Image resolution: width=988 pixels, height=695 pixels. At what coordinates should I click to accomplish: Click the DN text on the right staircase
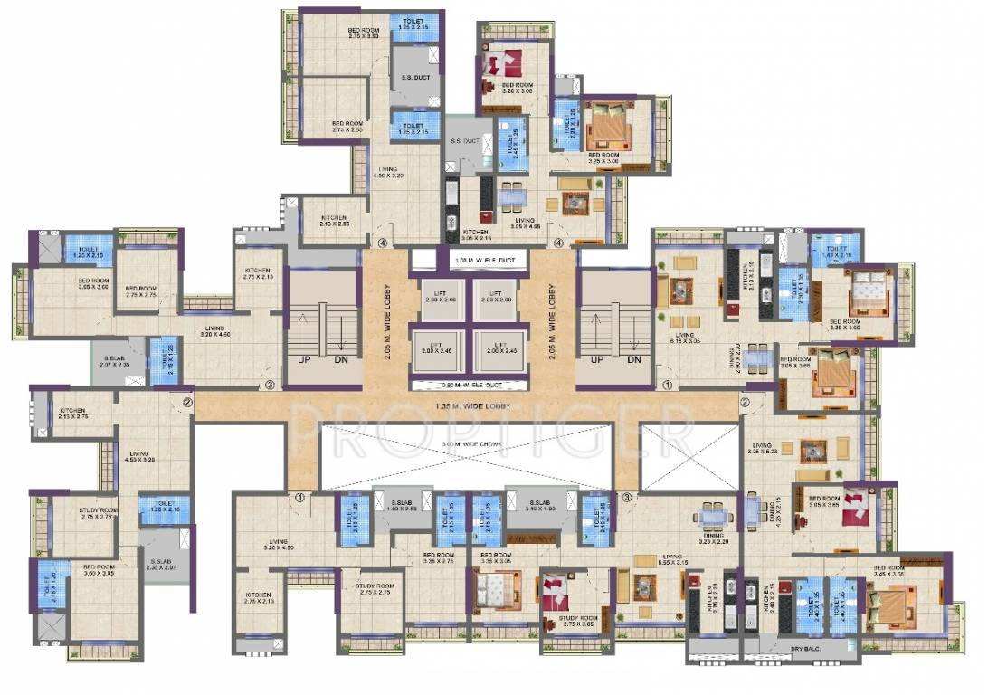coord(634,360)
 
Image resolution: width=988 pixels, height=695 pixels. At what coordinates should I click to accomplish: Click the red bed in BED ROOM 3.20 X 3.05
coord(503,66)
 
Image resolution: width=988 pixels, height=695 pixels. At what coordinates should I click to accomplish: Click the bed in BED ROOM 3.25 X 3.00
coord(608,126)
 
